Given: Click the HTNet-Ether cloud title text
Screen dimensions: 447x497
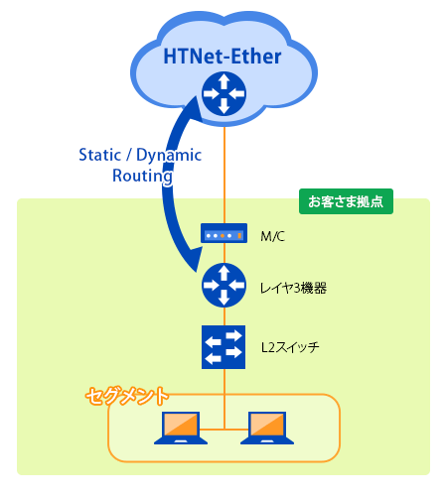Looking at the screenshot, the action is [223, 57].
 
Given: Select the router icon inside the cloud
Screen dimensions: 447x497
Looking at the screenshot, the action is [224, 93].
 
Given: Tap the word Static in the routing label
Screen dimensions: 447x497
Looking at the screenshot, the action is [100, 155].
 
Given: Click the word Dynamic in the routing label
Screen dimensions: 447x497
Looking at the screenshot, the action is [169, 156].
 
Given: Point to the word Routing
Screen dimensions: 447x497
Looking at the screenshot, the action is [142, 176].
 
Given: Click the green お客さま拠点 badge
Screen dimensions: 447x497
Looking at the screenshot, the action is [346, 201].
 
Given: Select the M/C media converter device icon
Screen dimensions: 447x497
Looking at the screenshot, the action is [223, 233].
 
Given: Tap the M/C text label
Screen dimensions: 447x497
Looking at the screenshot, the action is [272, 236].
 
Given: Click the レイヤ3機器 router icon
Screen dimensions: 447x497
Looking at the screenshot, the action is [224, 285].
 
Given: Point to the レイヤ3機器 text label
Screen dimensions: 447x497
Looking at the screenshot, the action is [293, 288].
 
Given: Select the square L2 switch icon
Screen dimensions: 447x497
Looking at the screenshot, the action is [223, 347].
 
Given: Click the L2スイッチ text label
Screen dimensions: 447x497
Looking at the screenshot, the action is [290, 347].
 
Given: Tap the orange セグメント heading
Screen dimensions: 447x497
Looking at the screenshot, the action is [127, 396].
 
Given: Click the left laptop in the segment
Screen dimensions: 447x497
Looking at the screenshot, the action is [181, 428].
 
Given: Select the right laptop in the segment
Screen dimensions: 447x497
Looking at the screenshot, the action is [267, 428].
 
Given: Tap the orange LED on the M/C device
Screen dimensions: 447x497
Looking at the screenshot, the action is [223, 236].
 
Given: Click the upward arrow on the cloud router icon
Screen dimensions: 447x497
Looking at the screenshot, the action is [224, 81].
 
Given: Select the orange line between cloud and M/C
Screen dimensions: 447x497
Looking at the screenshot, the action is [224, 176].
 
